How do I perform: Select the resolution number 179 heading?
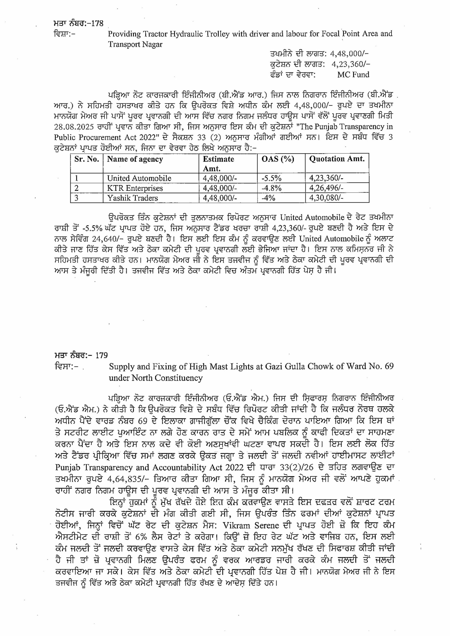(101, 355)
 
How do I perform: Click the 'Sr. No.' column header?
(87, 159)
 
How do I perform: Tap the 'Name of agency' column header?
(135, 159)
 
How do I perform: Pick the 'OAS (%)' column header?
(277, 159)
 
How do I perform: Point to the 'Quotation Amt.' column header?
(337, 159)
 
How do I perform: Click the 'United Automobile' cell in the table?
(139, 178)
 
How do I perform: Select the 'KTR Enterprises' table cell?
(135, 188)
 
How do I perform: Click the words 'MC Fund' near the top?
(353, 75)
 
